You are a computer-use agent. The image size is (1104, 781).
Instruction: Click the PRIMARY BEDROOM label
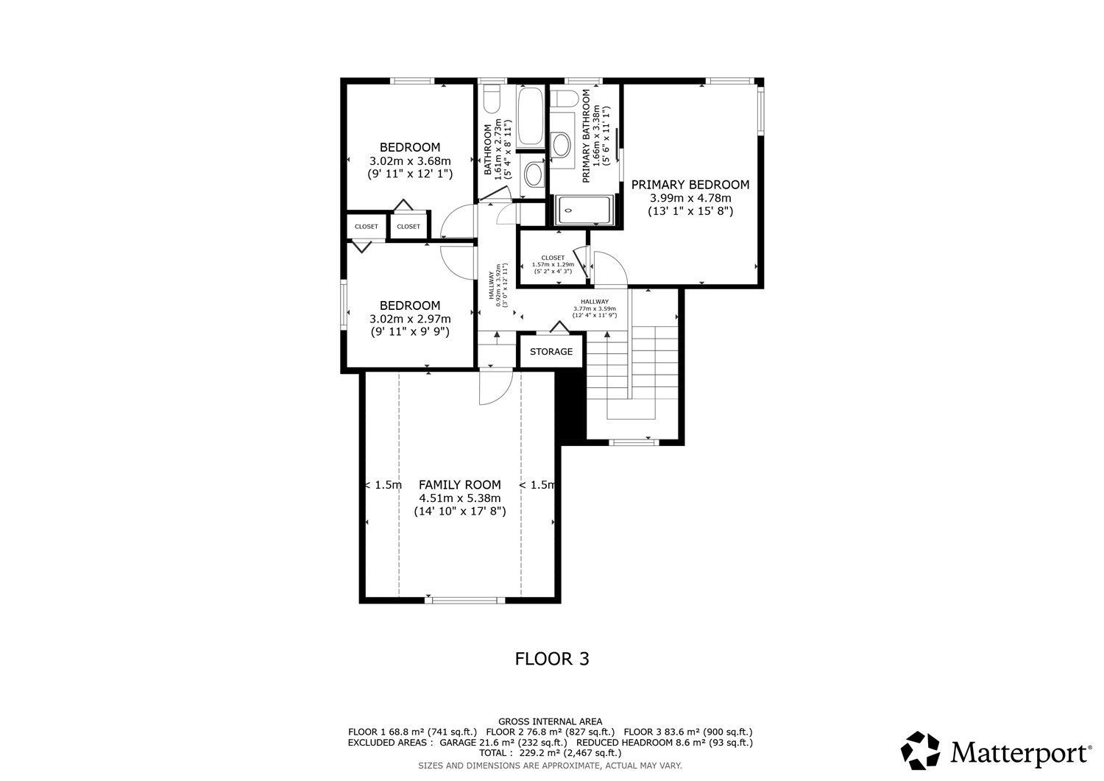(x=690, y=185)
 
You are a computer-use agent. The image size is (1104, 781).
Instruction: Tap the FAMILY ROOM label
(x=460, y=484)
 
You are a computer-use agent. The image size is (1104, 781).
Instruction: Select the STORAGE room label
(x=551, y=352)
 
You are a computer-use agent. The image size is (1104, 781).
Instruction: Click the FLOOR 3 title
(x=552, y=659)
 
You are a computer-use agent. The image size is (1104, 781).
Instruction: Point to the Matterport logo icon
(x=920, y=750)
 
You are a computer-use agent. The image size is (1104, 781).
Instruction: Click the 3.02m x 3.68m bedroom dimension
(x=410, y=160)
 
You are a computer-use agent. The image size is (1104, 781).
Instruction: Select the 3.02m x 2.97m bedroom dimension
(x=410, y=319)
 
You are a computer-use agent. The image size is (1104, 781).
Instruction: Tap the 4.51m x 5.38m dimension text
(x=460, y=498)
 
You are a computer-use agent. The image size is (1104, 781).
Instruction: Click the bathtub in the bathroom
(x=531, y=116)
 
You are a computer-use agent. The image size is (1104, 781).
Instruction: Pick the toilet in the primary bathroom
(x=564, y=98)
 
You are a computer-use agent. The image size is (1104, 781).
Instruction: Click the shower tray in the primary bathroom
(x=584, y=211)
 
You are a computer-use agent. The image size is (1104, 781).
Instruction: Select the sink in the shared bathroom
(x=533, y=174)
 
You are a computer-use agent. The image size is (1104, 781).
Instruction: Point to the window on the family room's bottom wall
(x=464, y=600)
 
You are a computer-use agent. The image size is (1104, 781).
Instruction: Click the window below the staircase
(x=634, y=442)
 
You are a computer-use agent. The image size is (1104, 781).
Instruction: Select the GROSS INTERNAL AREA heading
(x=550, y=722)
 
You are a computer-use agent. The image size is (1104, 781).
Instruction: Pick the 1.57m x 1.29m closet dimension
(x=553, y=264)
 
